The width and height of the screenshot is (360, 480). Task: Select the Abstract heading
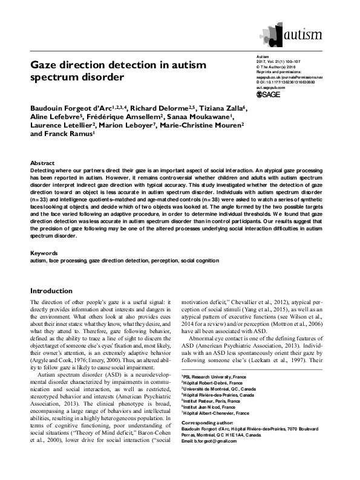coord(44,163)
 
